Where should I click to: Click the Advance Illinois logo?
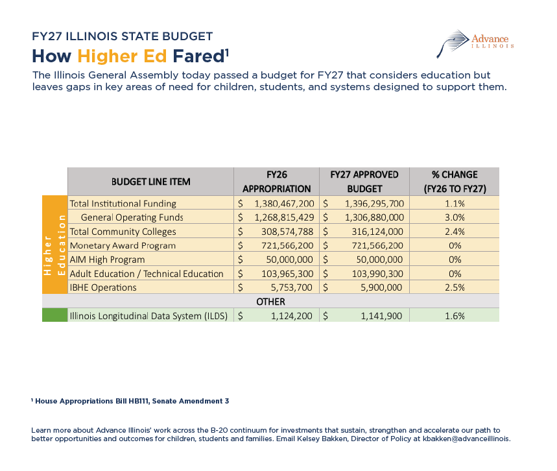tap(475, 43)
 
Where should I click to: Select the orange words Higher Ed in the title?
tap(122, 56)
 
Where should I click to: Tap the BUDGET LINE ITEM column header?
tap(150, 182)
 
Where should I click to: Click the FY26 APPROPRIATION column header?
tap(276, 182)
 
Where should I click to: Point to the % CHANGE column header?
tap(455, 182)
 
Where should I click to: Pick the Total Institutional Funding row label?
tap(123, 203)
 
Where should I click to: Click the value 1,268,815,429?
tap(284, 217)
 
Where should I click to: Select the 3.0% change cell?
tap(455, 217)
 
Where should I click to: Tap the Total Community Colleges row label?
tap(123, 232)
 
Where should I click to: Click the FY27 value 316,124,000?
tap(377, 232)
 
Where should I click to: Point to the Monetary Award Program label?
tap(123, 246)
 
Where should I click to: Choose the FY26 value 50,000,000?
tap(289, 260)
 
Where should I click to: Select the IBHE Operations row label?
tap(103, 287)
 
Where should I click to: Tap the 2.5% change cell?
tap(455, 287)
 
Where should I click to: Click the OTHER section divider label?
tap(270, 302)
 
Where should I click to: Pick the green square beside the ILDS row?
tap(54, 315)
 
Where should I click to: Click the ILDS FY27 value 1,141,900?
tap(381, 316)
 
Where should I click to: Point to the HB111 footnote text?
tap(130, 402)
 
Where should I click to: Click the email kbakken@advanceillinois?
tap(466, 439)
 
